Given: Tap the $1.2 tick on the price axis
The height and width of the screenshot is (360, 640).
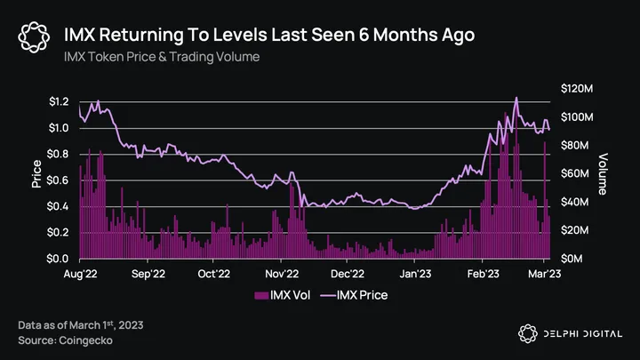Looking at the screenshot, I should (58, 102).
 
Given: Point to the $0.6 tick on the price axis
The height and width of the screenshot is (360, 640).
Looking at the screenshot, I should (58, 180).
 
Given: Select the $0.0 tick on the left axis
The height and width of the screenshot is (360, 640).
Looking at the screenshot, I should (58, 259).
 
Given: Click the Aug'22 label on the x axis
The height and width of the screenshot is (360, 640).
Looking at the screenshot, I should (80, 275).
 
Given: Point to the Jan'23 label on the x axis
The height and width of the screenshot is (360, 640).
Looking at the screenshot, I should (415, 275).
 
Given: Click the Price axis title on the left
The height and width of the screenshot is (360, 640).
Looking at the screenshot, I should (36, 174).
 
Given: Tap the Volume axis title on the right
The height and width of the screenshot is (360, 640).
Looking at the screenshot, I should (604, 173).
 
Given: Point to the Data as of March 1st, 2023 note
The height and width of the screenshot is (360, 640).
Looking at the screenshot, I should (80, 325).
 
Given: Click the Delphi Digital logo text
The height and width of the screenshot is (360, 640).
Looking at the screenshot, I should (581, 333).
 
